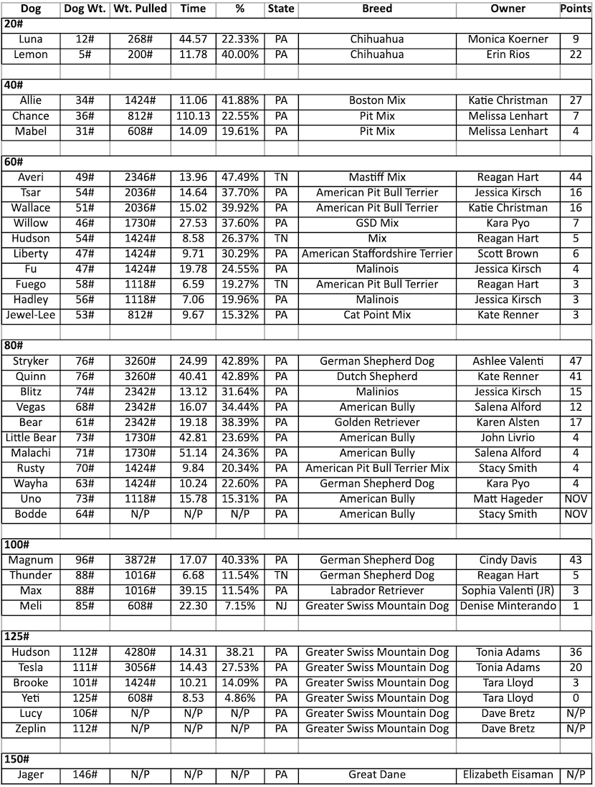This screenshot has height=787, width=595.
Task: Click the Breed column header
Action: [x=377, y=9]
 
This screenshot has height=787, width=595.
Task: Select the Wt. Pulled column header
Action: [x=141, y=9]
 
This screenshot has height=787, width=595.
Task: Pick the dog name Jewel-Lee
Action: [x=31, y=315]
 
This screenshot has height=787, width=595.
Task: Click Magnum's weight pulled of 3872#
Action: [x=141, y=560]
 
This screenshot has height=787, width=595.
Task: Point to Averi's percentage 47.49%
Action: [x=240, y=177]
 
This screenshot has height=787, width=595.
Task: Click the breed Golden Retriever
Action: [x=377, y=422]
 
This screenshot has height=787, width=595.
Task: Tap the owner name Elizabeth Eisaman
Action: [x=508, y=774]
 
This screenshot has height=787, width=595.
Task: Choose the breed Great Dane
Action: [x=377, y=774]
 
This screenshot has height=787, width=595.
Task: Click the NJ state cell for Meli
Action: [x=281, y=606]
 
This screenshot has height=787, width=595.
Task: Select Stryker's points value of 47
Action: [x=576, y=361]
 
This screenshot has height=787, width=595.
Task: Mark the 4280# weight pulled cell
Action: [x=141, y=652]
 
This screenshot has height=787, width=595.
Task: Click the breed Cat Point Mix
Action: [x=377, y=315]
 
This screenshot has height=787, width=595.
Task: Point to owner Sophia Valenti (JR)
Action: [x=508, y=591]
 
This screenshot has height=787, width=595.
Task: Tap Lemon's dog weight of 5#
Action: [x=85, y=54]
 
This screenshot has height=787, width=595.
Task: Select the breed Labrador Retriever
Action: [x=377, y=591]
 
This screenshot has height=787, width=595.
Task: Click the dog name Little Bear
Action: [x=31, y=437]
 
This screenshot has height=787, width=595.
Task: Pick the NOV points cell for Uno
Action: [x=576, y=499]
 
